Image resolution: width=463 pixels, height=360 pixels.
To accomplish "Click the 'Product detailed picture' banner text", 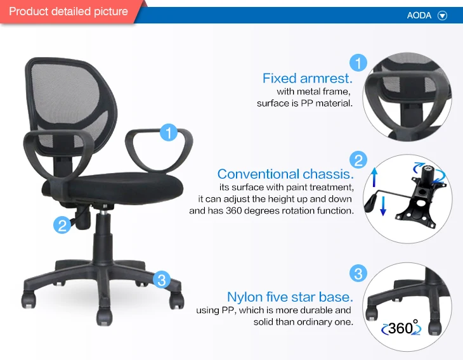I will [x=68, y=11].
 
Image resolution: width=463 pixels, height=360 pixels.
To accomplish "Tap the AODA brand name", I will [x=419, y=16].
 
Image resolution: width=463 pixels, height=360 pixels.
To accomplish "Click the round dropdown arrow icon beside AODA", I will [x=443, y=16].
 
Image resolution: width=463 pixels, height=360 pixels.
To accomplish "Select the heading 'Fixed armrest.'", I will [x=307, y=79].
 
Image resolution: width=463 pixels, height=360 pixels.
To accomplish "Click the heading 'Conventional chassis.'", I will [x=285, y=174].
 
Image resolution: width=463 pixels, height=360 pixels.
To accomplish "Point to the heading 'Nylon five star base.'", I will [x=289, y=297].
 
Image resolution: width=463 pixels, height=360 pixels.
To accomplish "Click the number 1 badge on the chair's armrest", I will [x=168, y=132].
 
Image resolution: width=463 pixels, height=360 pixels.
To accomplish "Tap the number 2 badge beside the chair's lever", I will [x=62, y=224].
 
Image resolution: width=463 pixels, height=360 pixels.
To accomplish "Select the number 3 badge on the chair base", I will [x=162, y=279].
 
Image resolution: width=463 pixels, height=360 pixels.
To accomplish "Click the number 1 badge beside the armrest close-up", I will [x=358, y=62].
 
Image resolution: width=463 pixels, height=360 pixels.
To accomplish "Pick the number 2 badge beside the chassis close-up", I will [x=358, y=160].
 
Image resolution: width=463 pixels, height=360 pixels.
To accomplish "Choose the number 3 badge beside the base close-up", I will [x=358, y=274].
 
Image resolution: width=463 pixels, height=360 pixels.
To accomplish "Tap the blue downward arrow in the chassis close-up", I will [x=383, y=207].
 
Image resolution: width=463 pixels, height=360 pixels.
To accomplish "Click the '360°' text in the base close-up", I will [x=401, y=328].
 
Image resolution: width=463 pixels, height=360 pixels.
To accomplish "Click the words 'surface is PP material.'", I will [x=304, y=103].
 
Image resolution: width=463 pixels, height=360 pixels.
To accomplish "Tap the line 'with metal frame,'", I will [x=313, y=92].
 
